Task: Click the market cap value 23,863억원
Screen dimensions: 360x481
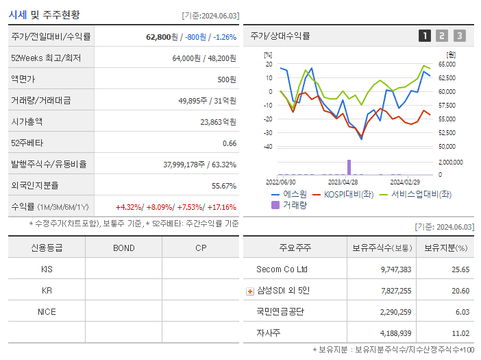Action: pyautogui.click(x=218, y=121)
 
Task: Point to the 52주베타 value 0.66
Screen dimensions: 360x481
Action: pyautogui.click(x=230, y=143)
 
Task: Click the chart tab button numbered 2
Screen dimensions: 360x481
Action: pyautogui.click(x=442, y=36)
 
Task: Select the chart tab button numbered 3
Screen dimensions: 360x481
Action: pyautogui.click(x=459, y=36)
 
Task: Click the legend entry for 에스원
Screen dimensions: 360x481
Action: pyautogui.click(x=288, y=194)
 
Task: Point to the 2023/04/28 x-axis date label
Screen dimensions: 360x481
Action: pyautogui.click(x=343, y=182)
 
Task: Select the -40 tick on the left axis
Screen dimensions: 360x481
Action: pyautogui.click(x=268, y=147)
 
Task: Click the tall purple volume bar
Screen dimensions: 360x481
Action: pyautogui.click(x=349, y=167)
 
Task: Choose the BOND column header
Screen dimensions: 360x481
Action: pyautogui.click(x=123, y=248)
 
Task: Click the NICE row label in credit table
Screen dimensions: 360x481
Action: pyautogui.click(x=47, y=311)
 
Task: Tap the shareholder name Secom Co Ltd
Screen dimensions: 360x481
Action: pyautogui.click(x=282, y=269)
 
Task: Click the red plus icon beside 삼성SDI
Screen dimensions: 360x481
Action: pyautogui.click(x=250, y=291)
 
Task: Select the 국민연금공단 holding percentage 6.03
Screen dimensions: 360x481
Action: pyautogui.click(x=461, y=311)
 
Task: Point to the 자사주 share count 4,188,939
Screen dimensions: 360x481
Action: pyautogui.click(x=395, y=333)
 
